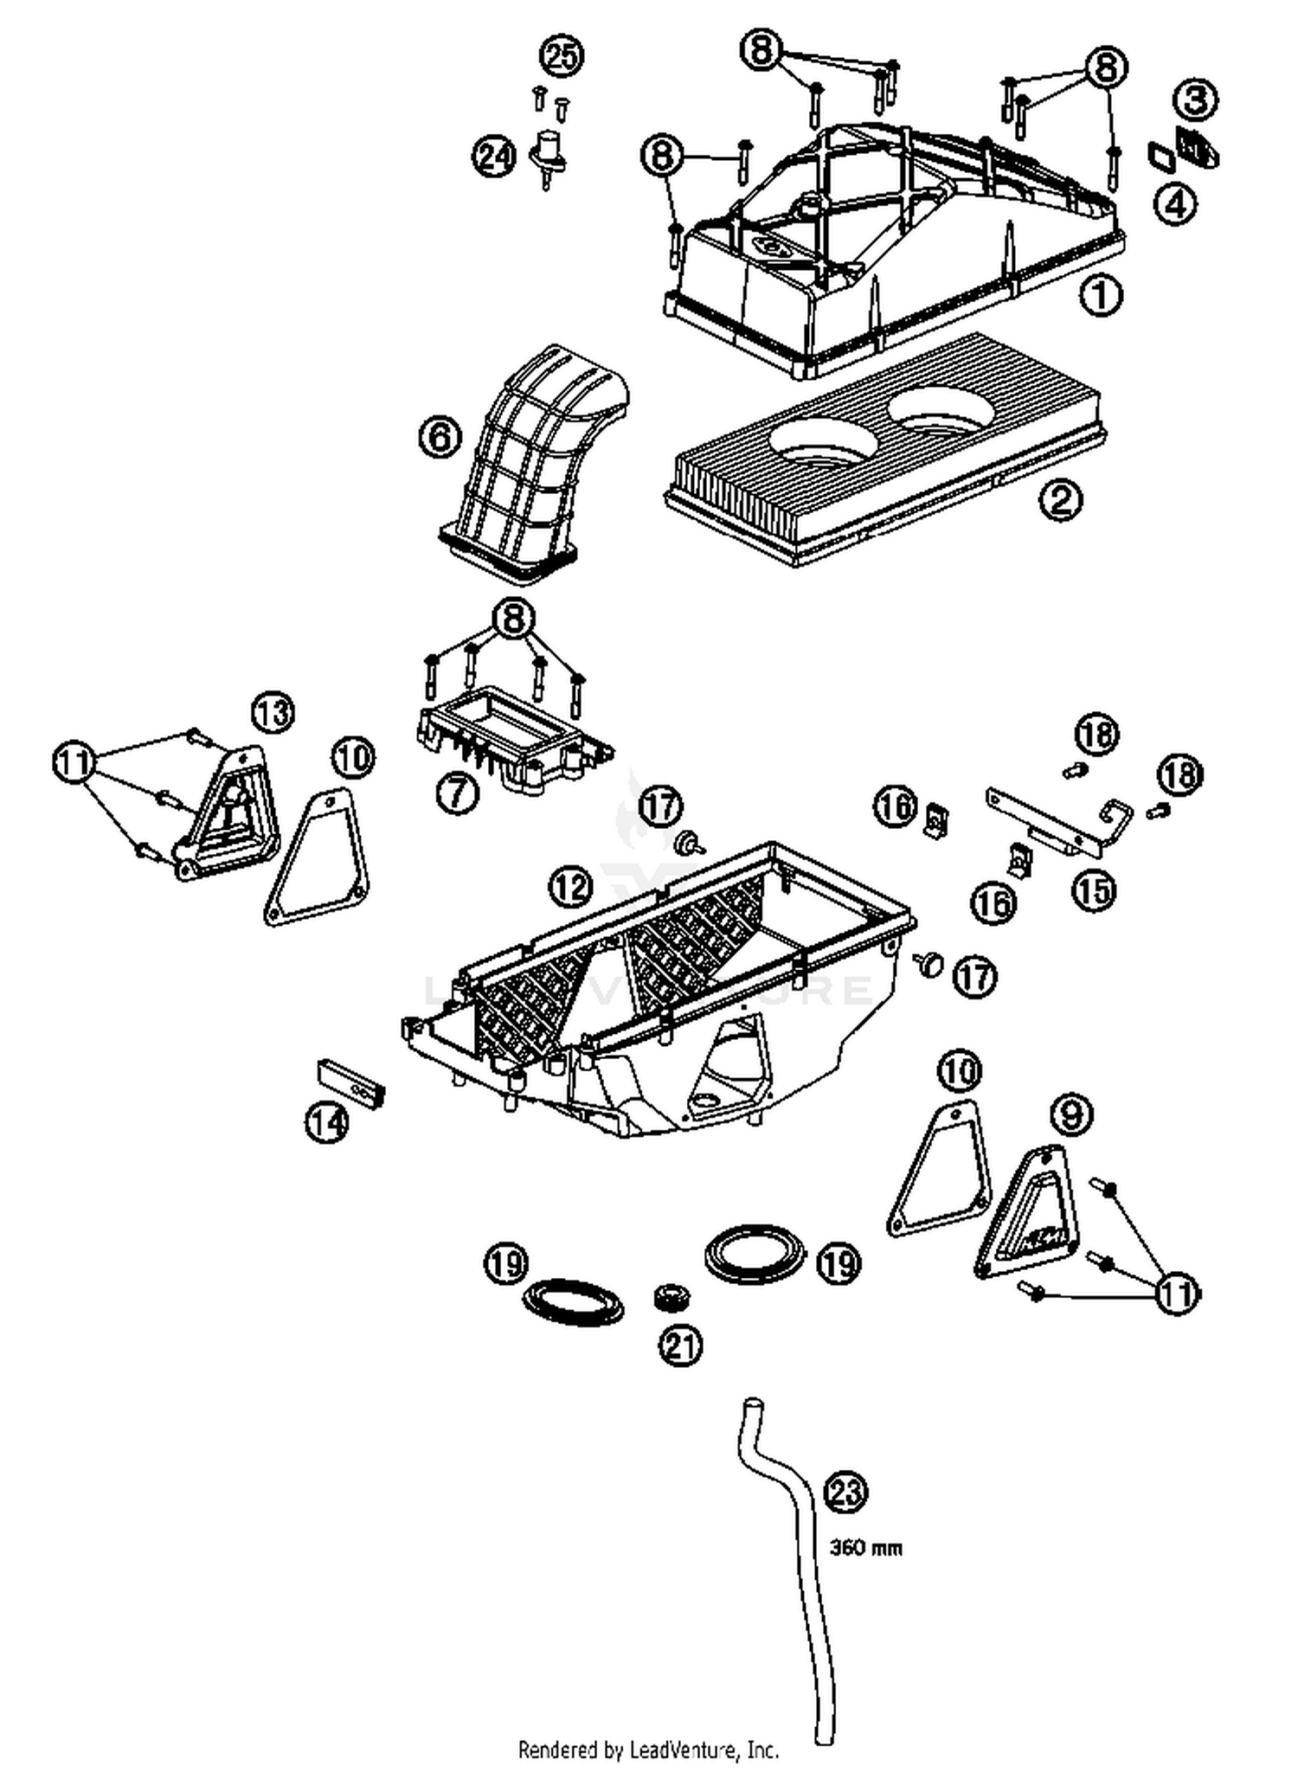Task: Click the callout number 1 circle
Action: click(x=1101, y=296)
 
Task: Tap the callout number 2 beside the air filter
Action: click(x=1061, y=500)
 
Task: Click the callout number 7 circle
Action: click(x=457, y=791)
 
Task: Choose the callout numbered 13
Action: click(x=273, y=714)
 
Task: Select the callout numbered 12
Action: click(x=570, y=887)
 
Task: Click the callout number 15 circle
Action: click(x=1095, y=889)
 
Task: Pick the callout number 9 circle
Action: click(x=1071, y=1114)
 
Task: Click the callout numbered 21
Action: click(x=681, y=1345)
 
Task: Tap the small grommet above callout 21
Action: click(x=671, y=1297)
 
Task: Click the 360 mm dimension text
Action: click(x=865, y=1547)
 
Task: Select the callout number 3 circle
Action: click(x=1196, y=100)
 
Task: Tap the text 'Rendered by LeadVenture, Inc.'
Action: click(x=648, y=1750)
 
